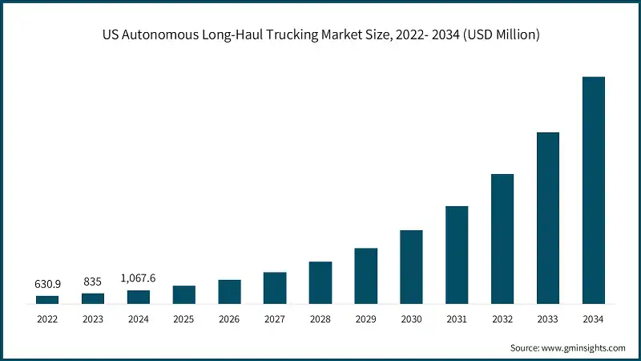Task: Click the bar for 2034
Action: click(593, 191)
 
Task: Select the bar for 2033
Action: click(547, 218)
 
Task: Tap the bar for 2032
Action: click(502, 239)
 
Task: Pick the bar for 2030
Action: click(411, 267)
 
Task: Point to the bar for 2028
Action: click(320, 283)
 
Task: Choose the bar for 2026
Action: click(229, 292)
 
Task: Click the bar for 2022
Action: click(47, 300)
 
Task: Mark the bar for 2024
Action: click(139, 297)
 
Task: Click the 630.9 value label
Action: click(47, 283)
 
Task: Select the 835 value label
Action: click(93, 282)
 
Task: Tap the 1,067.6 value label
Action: click(138, 278)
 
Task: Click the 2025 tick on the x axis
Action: click(183, 318)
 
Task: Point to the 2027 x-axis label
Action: click(275, 318)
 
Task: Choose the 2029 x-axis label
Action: click(365, 318)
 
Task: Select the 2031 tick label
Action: click(457, 318)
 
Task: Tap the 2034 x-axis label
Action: click(593, 318)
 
